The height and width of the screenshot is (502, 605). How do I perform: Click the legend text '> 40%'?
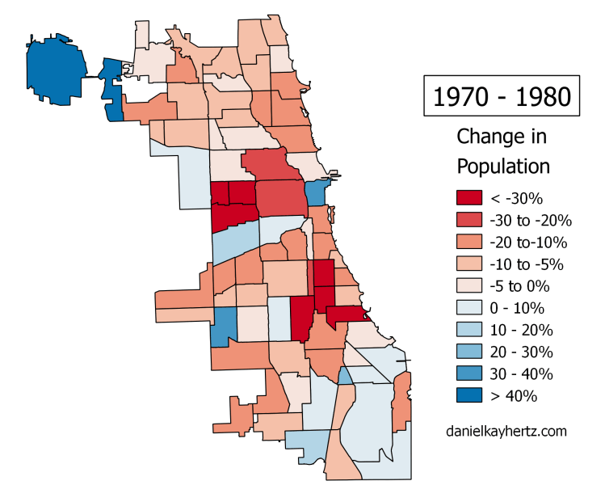tap(514, 395)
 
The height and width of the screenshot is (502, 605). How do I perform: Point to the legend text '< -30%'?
tap(516, 198)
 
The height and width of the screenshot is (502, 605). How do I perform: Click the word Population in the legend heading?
tap(503, 166)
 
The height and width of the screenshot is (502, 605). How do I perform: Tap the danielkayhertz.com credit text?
tap(506, 431)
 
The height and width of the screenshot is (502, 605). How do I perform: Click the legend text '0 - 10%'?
tap(517, 308)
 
